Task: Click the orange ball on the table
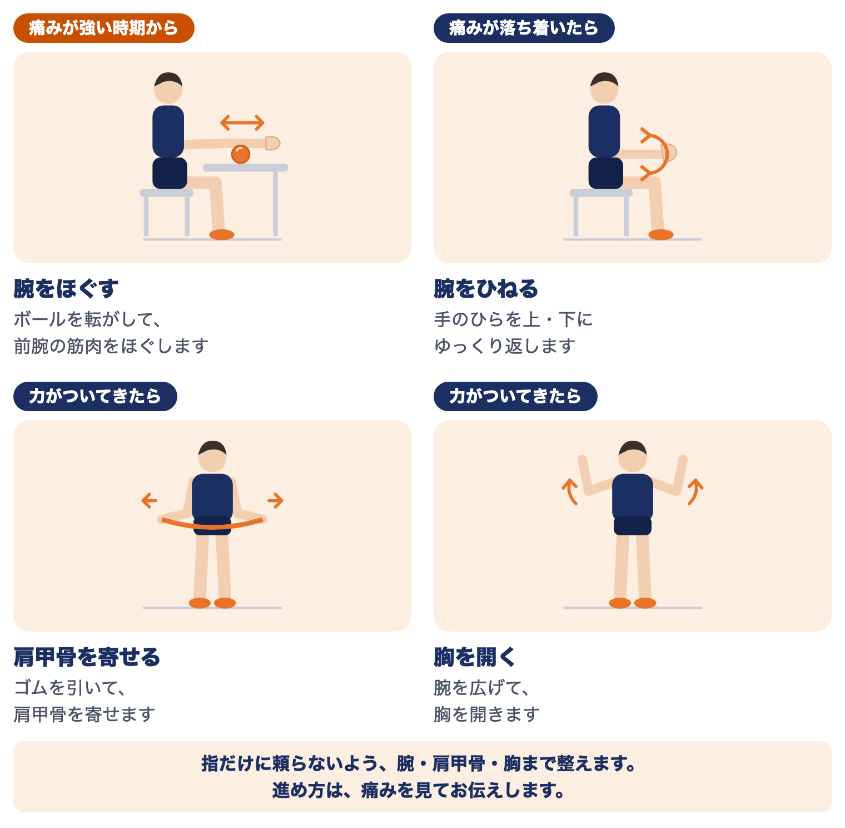click(241, 154)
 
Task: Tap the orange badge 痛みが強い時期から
click(104, 28)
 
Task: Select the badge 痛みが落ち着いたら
click(524, 28)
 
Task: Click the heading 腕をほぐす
click(66, 289)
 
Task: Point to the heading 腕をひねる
click(486, 289)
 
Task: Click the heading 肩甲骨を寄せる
click(87, 657)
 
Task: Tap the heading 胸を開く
click(475, 657)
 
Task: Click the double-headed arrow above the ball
click(242, 122)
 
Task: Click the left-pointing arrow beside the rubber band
click(149, 500)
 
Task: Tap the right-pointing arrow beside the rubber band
click(276, 500)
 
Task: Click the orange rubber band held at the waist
click(212, 525)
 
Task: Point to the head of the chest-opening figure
click(633, 456)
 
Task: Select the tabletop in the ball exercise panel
click(245, 167)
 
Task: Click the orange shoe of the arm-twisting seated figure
click(661, 234)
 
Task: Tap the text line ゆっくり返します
click(505, 346)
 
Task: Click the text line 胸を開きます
click(487, 714)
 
